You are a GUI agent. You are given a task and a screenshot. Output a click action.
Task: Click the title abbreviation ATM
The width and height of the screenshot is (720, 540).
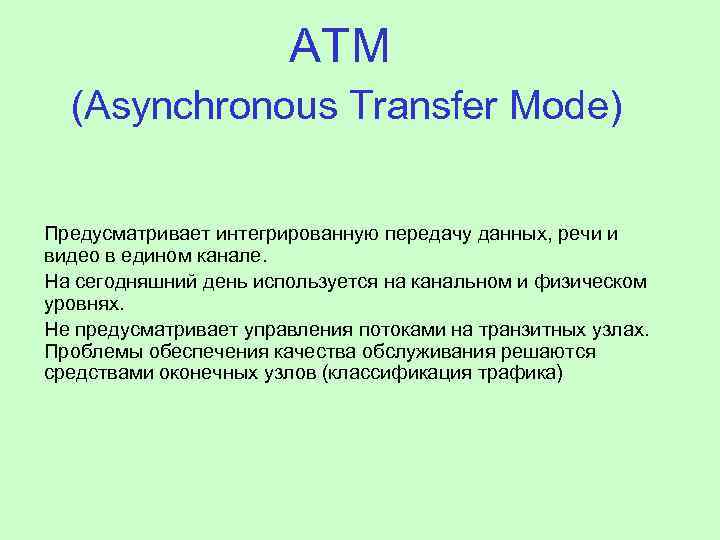coord(338,46)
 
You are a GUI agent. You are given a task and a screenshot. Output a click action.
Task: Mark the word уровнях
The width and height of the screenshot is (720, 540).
coord(82,303)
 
